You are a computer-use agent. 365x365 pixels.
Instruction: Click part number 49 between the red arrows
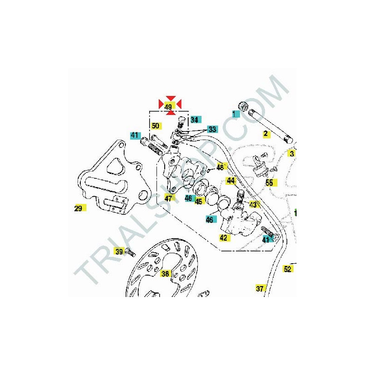point(168,107)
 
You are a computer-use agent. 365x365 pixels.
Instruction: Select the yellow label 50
point(156,126)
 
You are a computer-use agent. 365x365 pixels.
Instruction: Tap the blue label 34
point(195,120)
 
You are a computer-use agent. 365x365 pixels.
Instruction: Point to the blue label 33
point(212,129)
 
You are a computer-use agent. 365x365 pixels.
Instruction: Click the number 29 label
point(79,208)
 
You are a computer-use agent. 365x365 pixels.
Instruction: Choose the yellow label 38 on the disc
point(165,273)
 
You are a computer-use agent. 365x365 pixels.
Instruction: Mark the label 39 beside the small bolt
point(119,251)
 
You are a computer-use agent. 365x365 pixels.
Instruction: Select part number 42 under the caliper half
point(224,238)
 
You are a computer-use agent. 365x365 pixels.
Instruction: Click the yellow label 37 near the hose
point(260,288)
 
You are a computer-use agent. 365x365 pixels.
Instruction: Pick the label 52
point(288,269)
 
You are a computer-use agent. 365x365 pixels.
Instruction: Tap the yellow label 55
point(271,182)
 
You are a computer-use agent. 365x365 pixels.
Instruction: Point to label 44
point(231,181)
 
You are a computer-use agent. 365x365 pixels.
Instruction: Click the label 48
point(221,167)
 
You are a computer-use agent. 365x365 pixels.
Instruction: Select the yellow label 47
point(169,198)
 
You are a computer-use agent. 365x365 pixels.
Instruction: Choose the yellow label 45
point(198,201)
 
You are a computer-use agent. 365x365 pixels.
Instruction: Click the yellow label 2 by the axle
point(266,134)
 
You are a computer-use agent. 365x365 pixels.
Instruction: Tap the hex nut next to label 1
point(244,106)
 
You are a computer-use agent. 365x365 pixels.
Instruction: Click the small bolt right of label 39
point(130,252)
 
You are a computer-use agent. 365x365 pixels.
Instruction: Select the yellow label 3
point(291,153)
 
